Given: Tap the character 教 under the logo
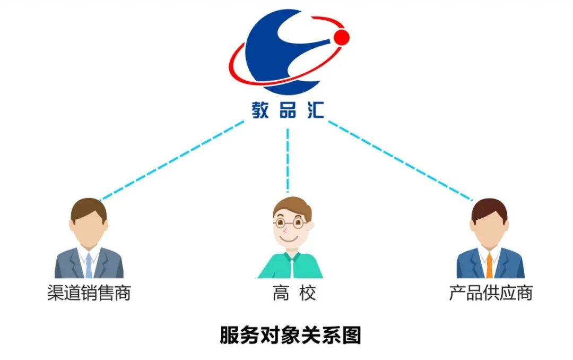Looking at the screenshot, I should coord(261,110).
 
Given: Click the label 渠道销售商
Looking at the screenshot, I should coord(89,293).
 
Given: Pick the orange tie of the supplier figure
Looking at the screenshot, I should coord(489,265).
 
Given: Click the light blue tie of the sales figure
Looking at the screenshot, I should coord(89,265).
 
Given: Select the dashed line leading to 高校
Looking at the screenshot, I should coord(288,159).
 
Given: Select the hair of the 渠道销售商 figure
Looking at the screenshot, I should coord(88,208).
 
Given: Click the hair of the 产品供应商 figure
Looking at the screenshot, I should coord(489,208).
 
